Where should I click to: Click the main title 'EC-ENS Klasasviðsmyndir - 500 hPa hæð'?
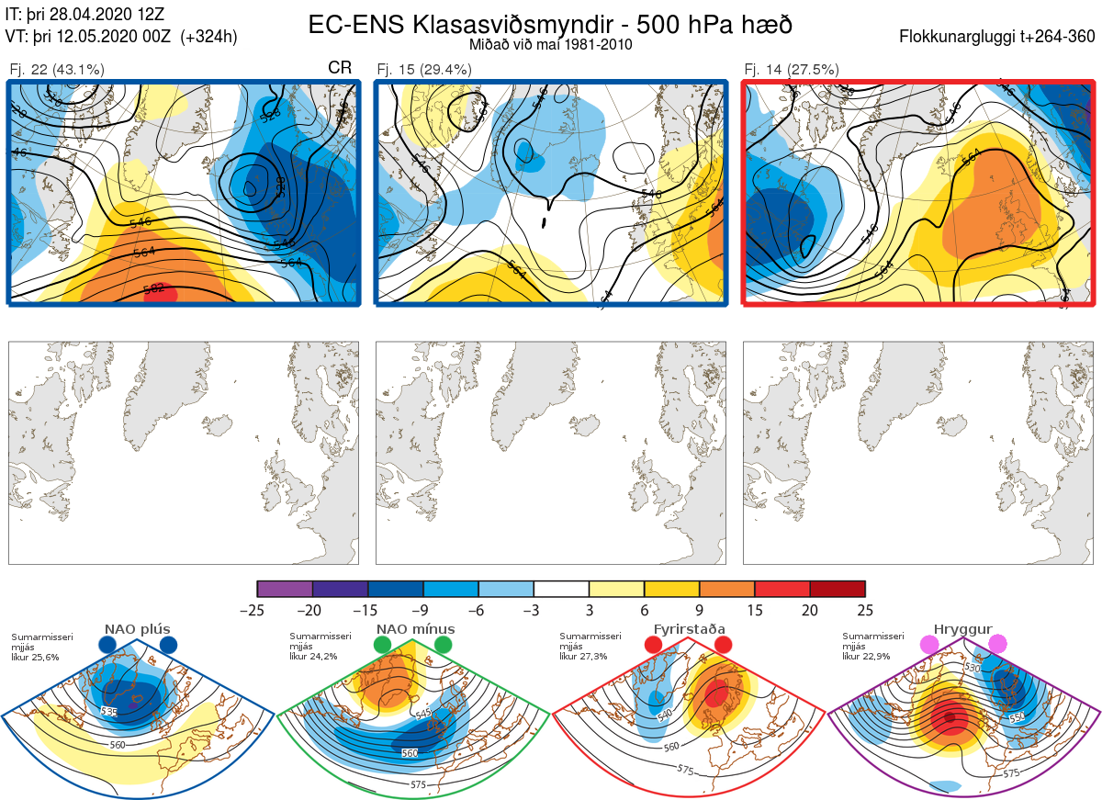tap(550, 24)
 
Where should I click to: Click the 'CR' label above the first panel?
tap(340, 69)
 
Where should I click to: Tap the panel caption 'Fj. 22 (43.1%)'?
tap(56, 69)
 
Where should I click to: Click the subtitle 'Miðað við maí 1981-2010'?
tap(549, 44)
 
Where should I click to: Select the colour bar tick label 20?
tap(810, 610)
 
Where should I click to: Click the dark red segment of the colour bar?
tap(838, 589)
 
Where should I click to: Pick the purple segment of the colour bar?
tap(285, 589)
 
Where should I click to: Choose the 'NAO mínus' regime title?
tap(415, 629)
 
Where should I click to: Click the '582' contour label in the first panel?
tap(154, 288)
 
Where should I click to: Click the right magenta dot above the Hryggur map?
tap(997, 645)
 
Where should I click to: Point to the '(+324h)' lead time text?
tap(209, 37)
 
